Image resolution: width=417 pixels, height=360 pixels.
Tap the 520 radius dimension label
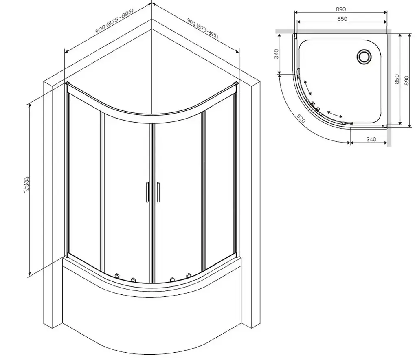click(301, 119)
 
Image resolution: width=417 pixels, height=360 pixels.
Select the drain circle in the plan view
click(364, 57)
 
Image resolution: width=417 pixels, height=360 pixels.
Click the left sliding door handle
click(147, 192)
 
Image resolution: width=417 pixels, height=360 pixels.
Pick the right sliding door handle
click(158, 192)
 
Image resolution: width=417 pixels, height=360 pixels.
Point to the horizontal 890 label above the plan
click(341, 9)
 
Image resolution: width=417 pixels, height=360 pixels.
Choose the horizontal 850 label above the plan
click(342, 19)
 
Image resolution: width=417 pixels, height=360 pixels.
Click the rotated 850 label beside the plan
click(397, 79)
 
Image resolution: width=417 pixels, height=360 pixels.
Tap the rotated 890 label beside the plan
click(406, 81)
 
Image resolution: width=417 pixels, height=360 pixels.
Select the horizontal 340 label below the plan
click(371, 139)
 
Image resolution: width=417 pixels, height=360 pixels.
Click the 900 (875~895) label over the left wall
click(114, 21)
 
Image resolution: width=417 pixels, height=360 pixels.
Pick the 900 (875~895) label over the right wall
click(203, 29)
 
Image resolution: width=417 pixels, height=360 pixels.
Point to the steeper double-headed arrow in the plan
click(307, 87)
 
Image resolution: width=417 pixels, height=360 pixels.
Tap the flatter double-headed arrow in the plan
click(335, 114)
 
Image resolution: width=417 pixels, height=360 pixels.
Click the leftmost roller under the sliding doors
click(117, 276)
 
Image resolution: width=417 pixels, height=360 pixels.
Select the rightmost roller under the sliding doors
click(188, 275)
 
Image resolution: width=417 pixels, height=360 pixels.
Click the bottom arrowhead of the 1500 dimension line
click(30, 273)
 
